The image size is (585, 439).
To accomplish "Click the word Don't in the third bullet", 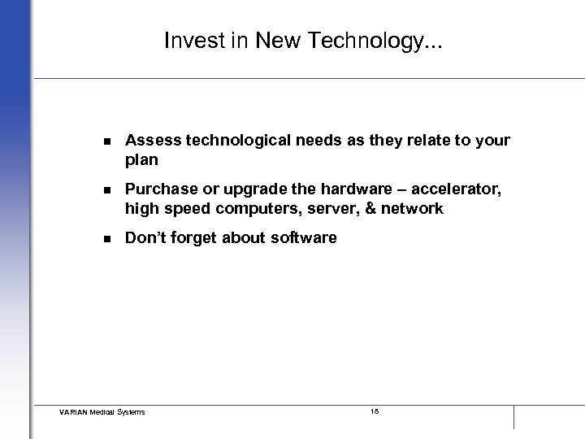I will pos(145,239).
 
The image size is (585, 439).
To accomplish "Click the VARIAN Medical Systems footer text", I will pos(102,412).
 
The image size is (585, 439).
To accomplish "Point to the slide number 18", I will pos(375,411).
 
